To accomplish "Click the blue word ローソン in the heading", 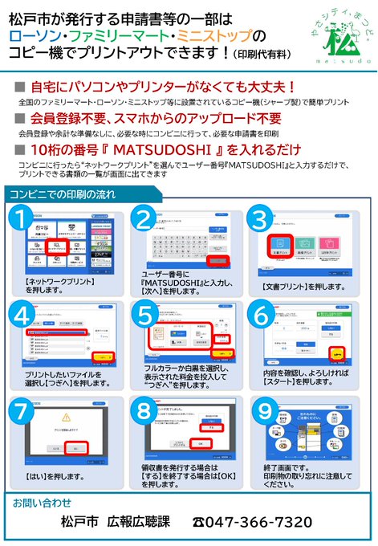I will tap(35, 36).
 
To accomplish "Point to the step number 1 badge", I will tap(23, 219).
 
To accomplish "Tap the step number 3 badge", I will tap(259, 219).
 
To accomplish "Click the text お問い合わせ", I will tap(37, 502).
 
